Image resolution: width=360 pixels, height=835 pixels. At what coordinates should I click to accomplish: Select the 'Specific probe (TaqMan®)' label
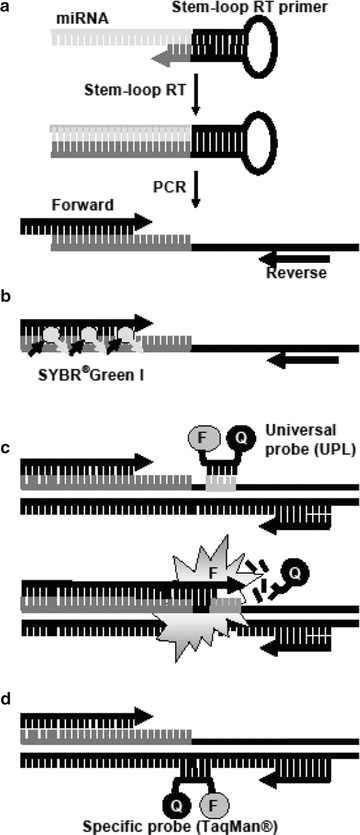click(x=185, y=824)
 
